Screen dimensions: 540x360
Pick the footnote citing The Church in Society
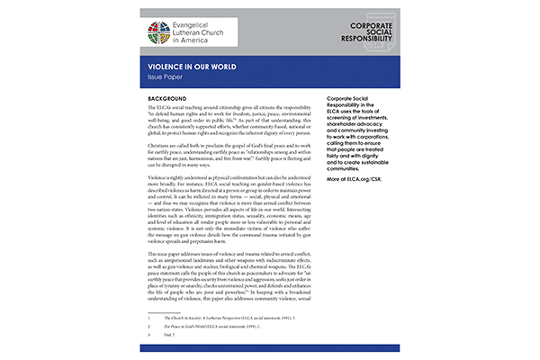[x=230, y=316]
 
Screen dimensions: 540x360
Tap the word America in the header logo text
[x=220, y=41]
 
